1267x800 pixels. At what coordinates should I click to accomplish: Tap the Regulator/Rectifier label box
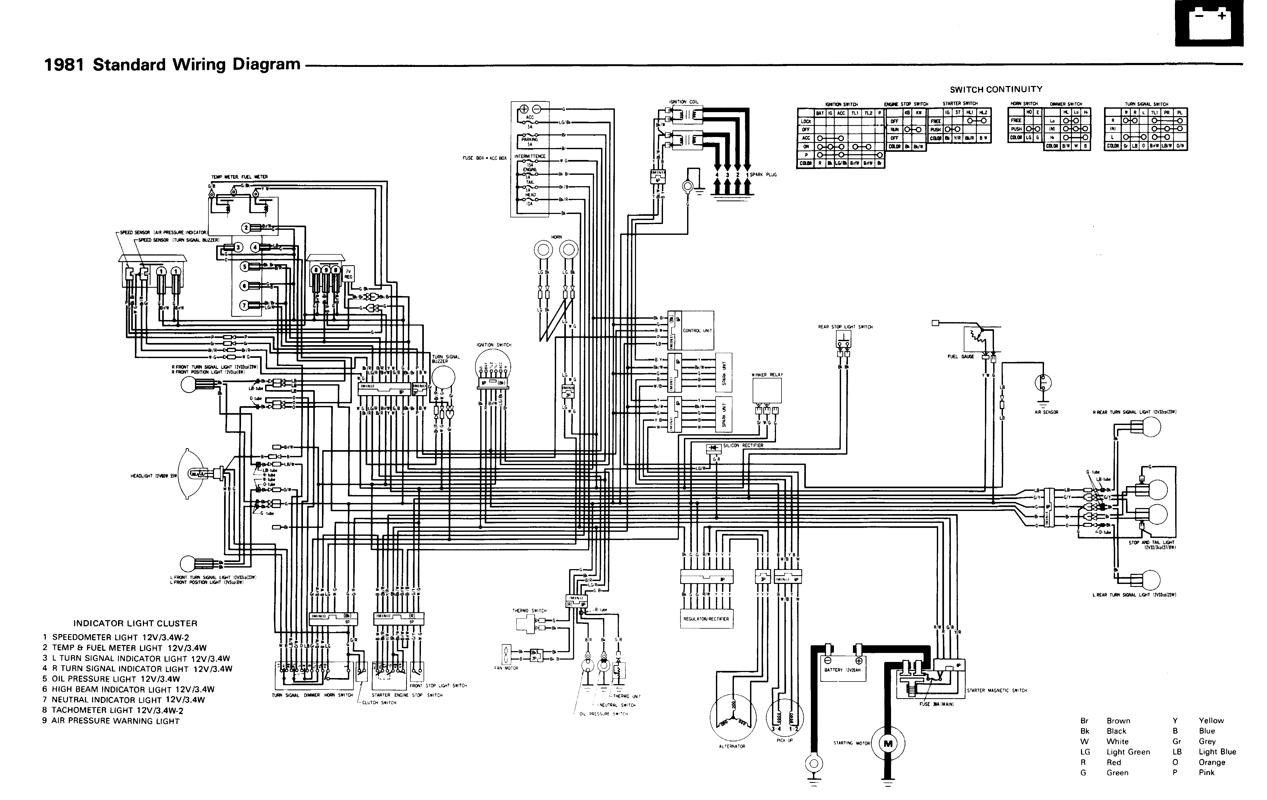[x=706, y=619]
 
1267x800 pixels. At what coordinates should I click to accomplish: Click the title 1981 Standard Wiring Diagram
[x=172, y=65]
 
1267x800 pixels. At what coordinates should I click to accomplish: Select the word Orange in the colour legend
[x=1212, y=762]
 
